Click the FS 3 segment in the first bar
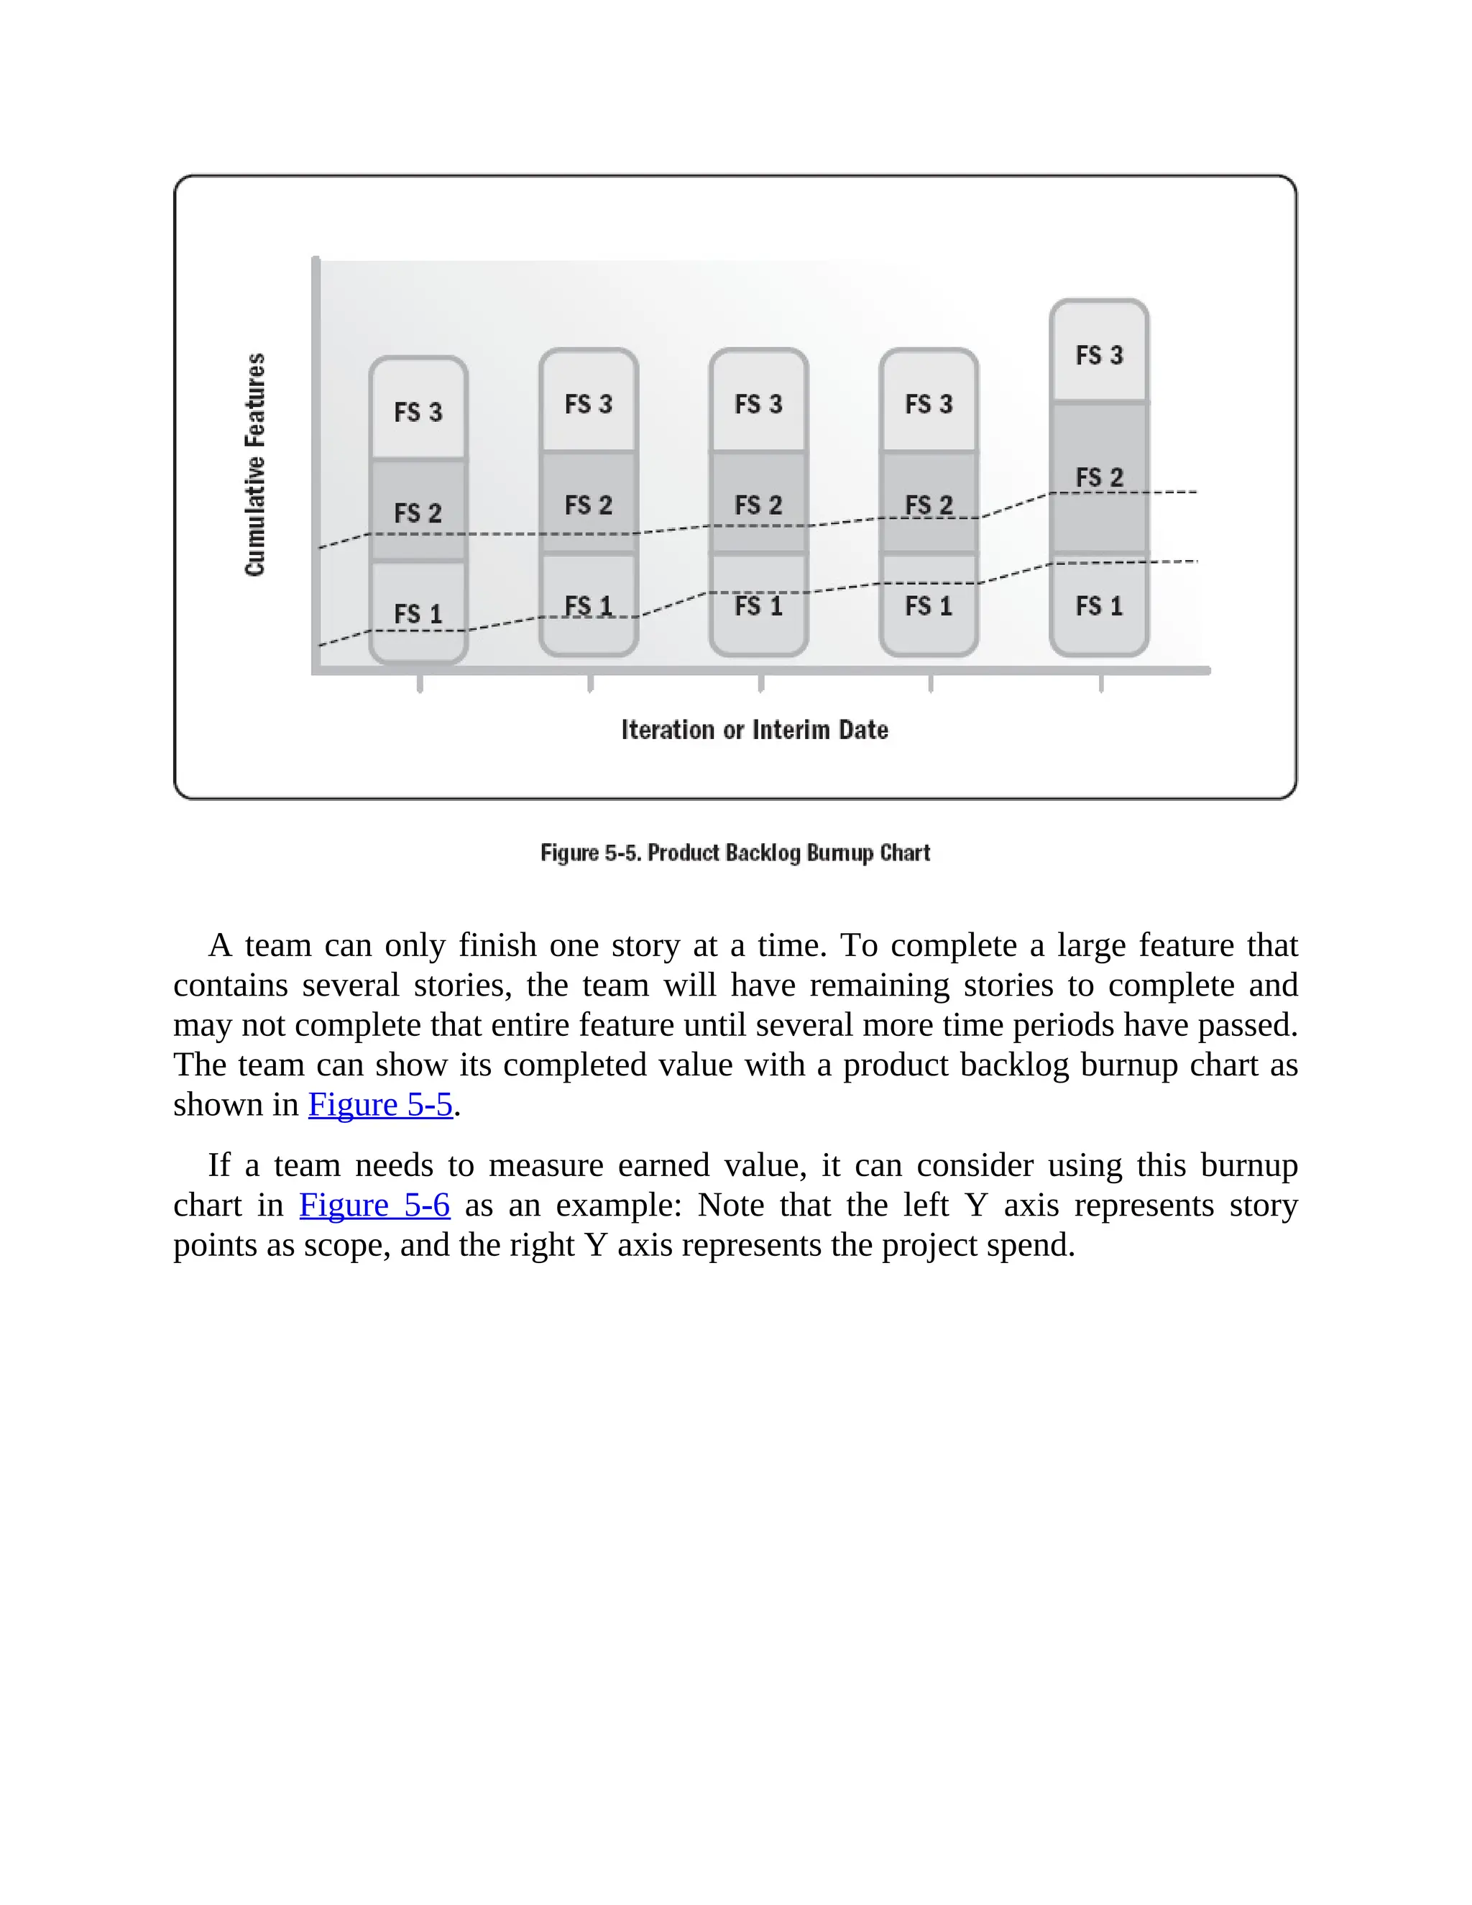[x=418, y=410]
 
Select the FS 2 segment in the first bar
[x=418, y=511]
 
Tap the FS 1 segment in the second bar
[x=589, y=605]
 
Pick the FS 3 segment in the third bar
[x=759, y=403]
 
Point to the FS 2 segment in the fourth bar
[x=929, y=503]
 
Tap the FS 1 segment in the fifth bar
[x=1099, y=605]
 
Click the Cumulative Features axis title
[x=254, y=464]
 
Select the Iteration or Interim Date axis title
[x=754, y=729]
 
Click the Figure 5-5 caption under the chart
[x=735, y=852]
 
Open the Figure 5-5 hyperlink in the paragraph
[x=380, y=1105]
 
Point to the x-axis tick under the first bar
[x=420, y=683]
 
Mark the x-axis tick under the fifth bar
[x=1100, y=683]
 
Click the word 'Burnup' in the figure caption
[x=839, y=852]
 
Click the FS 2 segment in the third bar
[x=759, y=503]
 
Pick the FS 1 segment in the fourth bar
[x=929, y=605]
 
